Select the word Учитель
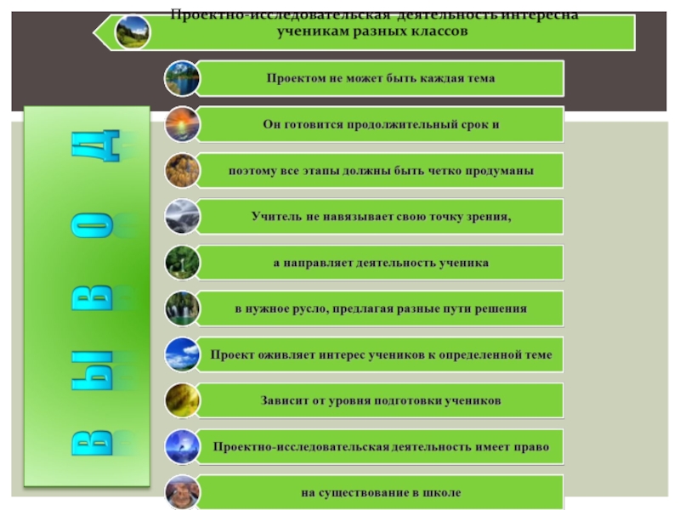274,217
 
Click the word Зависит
284,400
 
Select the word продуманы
503,171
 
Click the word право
530,446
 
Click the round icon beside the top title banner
133,32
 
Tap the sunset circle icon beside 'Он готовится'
182,124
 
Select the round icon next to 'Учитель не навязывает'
182,217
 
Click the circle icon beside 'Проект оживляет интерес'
182,354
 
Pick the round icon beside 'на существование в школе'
182,492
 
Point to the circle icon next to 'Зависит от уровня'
182,400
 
